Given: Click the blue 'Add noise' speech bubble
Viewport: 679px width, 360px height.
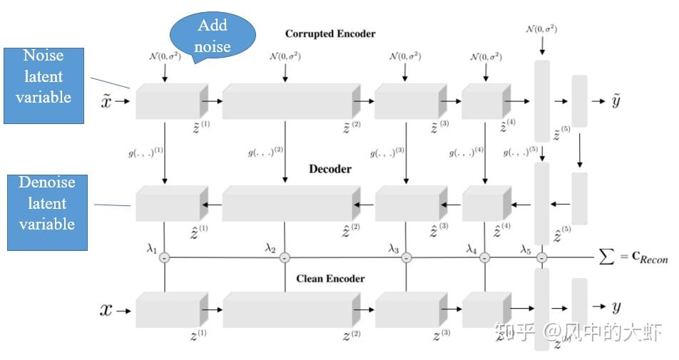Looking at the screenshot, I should click(212, 36).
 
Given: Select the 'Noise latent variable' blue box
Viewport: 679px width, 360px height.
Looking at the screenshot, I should click(44, 76).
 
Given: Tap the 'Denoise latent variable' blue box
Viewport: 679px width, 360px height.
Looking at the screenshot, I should click(47, 204).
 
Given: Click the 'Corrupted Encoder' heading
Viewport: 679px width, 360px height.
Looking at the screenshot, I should click(330, 34).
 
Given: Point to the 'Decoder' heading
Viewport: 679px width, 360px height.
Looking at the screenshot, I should click(330, 170).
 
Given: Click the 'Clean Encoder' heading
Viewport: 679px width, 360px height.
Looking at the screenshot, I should click(330, 279).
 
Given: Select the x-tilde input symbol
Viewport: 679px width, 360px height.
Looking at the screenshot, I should click(107, 101).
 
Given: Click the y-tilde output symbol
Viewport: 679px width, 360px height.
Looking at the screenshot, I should click(616, 101).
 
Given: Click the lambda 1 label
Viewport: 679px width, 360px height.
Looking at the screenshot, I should click(151, 247).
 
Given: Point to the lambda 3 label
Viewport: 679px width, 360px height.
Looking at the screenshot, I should click(394, 248).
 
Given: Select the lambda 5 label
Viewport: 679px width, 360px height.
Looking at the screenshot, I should click(526, 248).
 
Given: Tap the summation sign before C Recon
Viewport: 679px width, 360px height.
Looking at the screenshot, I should click(607, 258).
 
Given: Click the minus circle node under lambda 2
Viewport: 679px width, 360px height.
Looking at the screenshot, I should click(285, 258).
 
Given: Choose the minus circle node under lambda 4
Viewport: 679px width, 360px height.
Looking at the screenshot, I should click(485, 258).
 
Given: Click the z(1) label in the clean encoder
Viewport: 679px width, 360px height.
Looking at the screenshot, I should click(199, 334).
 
